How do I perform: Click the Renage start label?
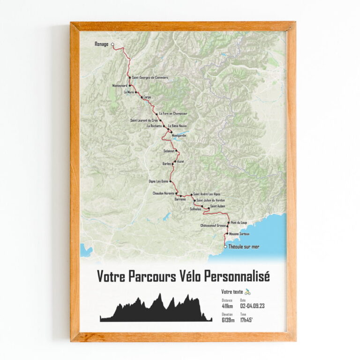102,44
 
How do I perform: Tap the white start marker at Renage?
112,45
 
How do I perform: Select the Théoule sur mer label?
243,247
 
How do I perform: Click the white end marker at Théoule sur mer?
225,247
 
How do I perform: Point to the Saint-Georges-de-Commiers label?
150,77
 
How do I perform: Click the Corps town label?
148,98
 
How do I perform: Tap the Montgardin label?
180,135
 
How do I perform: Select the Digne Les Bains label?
158,181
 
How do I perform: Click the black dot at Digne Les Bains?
171,181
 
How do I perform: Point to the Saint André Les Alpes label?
207,194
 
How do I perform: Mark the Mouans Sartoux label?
239,234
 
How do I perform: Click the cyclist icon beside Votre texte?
247,291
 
